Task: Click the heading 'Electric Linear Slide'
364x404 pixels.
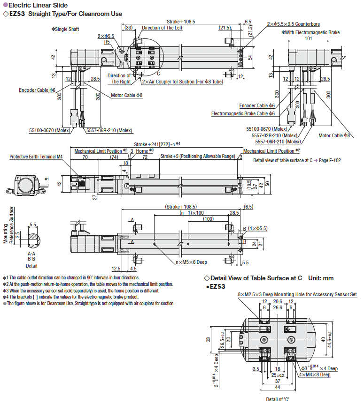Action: click(38, 5)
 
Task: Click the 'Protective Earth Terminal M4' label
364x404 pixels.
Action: click(36, 157)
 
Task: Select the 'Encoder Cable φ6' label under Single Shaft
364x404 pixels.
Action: click(37, 90)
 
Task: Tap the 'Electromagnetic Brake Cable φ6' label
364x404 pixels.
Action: click(243, 113)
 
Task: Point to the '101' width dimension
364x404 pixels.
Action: click(308, 39)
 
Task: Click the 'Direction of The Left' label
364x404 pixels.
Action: click(162, 28)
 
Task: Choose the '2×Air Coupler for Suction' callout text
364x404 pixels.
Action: click(182, 81)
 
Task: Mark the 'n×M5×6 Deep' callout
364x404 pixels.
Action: click(191, 262)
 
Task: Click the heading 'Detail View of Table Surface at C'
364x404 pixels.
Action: click(256, 277)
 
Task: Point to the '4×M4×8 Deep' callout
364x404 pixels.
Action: click(318, 374)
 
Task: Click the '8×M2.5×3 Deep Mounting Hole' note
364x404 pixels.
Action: click(297, 294)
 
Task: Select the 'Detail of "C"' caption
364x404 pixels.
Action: click(278, 399)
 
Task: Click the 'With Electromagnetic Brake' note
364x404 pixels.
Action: click(310, 33)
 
